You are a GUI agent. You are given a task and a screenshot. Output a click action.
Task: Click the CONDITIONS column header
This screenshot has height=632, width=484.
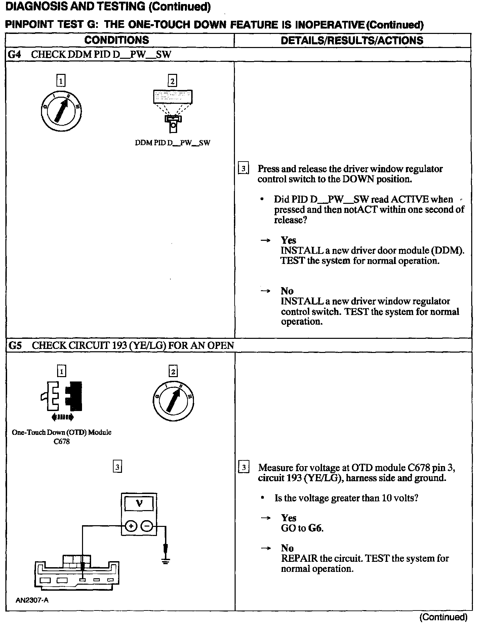tap(117, 40)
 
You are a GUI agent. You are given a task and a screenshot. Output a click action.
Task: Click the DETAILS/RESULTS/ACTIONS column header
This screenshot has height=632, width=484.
tap(352, 41)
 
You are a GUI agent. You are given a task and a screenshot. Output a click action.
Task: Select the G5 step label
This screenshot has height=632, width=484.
tap(14, 345)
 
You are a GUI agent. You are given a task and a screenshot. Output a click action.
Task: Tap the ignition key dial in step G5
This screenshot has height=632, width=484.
tap(172, 401)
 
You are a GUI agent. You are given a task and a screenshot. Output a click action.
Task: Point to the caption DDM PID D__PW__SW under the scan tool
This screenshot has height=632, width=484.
tap(172, 143)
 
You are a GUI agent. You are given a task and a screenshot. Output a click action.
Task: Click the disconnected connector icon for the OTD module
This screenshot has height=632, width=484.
tap(62, 397)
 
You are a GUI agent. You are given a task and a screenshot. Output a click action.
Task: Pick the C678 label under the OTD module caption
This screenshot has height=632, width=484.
tap(62, 442)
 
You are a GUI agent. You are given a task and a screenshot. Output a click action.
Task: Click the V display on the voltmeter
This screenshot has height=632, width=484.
tap(139, 503)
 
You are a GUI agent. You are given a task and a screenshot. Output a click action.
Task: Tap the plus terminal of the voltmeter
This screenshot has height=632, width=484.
tap(131, 526)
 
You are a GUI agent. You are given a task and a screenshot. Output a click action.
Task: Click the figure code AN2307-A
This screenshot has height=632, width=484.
tap(32, 600)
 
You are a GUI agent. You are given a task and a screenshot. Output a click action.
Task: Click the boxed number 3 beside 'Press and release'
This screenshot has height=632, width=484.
tap(243, 169)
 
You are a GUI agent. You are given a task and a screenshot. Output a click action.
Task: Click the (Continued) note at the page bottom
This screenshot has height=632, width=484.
tap(443, 617)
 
